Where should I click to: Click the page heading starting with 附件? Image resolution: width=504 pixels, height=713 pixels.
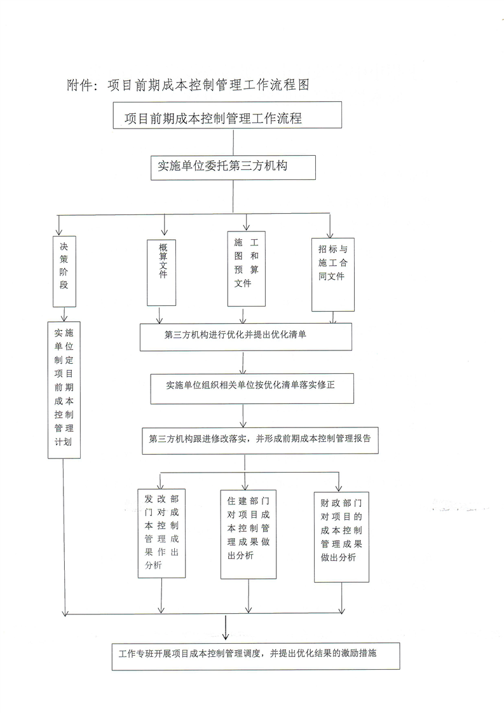(x=187, y=86)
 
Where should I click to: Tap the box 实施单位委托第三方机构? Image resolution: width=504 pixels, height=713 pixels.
(x=233, y=168)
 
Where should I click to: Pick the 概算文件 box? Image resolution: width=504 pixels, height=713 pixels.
(x=161, y=272)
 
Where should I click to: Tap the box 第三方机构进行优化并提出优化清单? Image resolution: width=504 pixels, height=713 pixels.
(x=246, y=336)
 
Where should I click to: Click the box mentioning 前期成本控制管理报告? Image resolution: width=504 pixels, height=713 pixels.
(x=260, y=440)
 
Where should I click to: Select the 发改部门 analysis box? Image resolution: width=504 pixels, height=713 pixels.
(x=161, y=532)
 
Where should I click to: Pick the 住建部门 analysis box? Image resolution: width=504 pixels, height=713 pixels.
(x=248, y=534)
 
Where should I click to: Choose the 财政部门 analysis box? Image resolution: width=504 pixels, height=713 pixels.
(x=341, y=536)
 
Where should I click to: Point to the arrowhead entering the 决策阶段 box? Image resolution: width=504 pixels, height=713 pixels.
(x=59, y=232)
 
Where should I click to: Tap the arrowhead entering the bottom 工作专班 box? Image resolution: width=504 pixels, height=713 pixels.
(x=226, y=636)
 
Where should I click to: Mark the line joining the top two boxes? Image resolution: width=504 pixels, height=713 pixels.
(x=233, y=142)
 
